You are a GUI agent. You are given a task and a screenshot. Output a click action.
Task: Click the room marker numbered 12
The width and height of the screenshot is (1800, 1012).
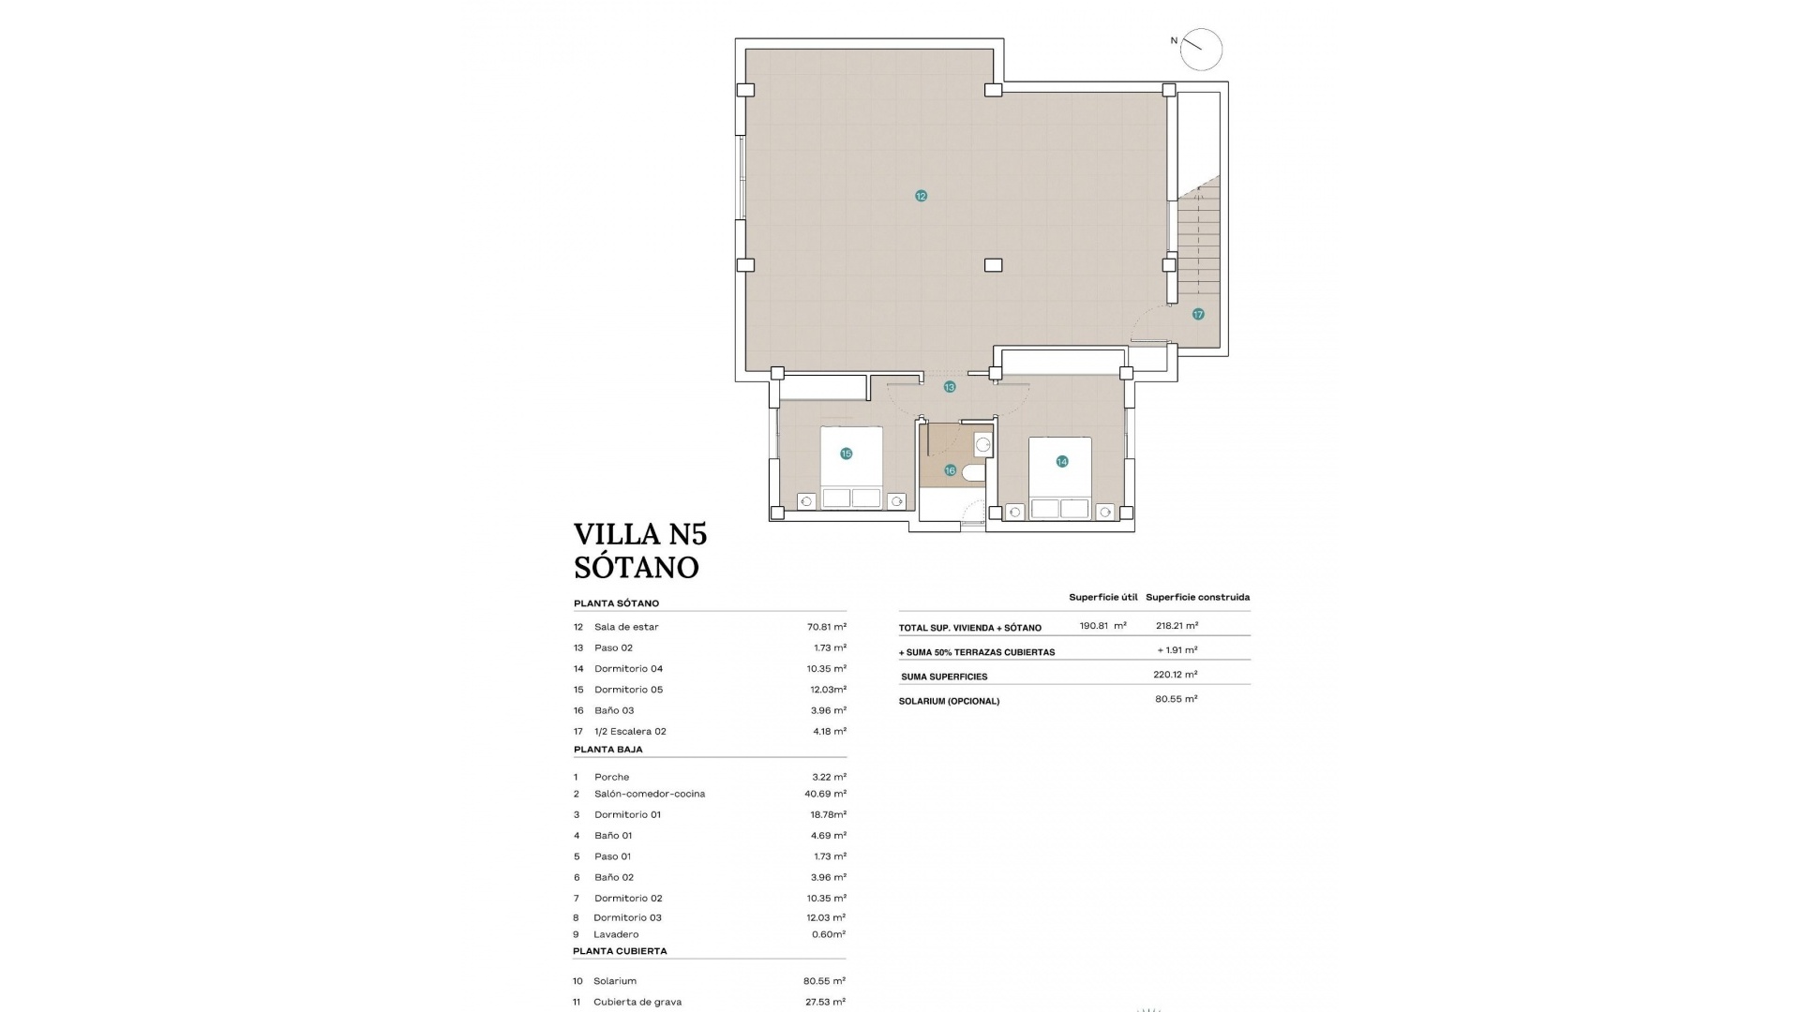pyautogui.click(x=921, y=196)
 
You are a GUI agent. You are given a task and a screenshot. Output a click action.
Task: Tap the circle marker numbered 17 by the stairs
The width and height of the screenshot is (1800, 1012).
pyautogui.click(x=1198, y=314)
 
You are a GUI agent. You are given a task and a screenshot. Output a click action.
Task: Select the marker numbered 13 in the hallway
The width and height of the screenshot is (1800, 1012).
pyautogui.click(x=950, y=387)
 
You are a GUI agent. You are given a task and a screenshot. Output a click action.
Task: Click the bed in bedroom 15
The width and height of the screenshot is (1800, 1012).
pyautogui.click(x=851, y=467)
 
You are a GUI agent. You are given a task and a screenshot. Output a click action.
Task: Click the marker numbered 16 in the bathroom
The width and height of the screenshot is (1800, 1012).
pyautogui.click(x=950, y=470)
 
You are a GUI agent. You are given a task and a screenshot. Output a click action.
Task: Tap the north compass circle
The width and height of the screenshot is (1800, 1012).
pyautogui.click(x=1201, y=49)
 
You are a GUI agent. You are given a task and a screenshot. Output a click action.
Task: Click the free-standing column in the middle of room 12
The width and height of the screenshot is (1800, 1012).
pyautogui.click(x=993, y=265)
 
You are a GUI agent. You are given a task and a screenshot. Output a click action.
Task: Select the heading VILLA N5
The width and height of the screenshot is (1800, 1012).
pyautogui.click(x=640, y=534)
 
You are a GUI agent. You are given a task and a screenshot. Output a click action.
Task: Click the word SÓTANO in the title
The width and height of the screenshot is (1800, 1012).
pyautogui.click(x=637, y=567)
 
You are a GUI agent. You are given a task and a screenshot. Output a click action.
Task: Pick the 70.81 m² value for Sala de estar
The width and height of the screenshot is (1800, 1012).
pyautogui.click(x=827, y=627)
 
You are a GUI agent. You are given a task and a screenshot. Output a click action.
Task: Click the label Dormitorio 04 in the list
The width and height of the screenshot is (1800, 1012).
pyautogui.click(x=628, y=669)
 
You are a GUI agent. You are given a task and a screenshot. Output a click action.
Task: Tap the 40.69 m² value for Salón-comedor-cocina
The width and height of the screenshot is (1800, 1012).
pyautogui.click(x=825, y=794)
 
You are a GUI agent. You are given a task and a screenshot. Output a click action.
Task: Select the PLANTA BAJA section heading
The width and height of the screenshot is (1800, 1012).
pyautogui.click(x=608, y=750)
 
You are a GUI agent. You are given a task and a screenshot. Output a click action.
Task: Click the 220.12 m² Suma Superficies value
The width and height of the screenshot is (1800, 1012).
pyautogui.click(x=1175, y=675)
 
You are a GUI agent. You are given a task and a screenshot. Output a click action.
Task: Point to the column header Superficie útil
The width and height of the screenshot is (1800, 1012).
pyautogui.click(x=1102, y=597)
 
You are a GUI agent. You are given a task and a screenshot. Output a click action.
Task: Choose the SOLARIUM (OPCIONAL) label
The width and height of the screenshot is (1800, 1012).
pyautogui.click(x=949, y=701)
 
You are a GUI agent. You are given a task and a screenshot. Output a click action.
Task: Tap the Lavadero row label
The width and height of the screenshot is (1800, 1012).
pyautogui.click(x=616, y=934)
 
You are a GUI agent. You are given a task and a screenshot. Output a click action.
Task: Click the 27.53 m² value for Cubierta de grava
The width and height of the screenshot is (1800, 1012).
pyautogui.click(x=826, y=1002)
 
